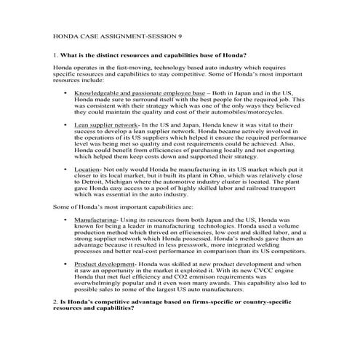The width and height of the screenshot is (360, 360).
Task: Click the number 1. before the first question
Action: point(56,55)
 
